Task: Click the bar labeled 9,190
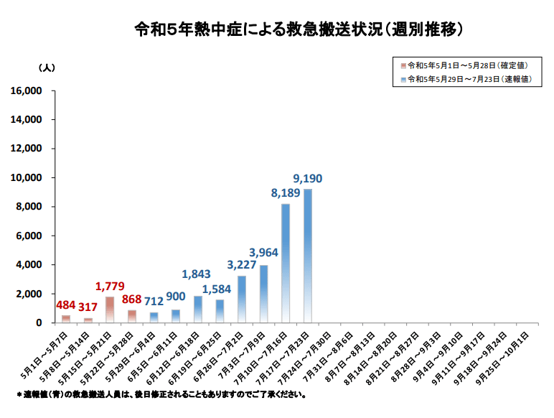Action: point(308,256)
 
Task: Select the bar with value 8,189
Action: point(286,263)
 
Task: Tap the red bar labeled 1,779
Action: point(110,310)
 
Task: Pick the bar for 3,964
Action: point(263,294)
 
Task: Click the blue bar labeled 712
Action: point(154,317)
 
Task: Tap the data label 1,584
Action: point(218,289)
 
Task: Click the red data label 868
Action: point(133,299)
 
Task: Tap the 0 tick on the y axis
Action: point(39,323)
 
